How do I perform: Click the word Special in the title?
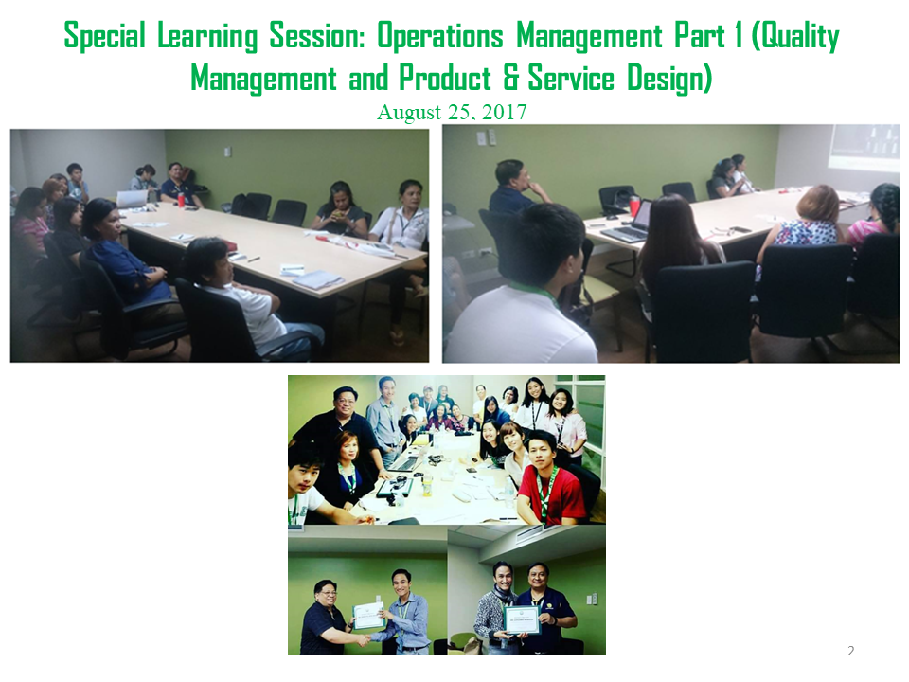(104, 36)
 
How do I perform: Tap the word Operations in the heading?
(440, 36)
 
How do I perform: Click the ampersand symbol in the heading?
(510, 79)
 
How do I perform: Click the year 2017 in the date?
(504, 112)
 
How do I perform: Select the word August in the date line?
(409, 112)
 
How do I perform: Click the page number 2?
(851, 651)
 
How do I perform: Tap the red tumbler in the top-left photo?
(181, 200)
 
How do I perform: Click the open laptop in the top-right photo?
(626, 222)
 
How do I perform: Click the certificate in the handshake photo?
(368, 616)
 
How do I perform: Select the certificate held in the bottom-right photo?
(523, 620)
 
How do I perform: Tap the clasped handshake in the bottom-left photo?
(363, 639)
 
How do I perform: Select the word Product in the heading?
(445, 79)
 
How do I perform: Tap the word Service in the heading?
(571, 79)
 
